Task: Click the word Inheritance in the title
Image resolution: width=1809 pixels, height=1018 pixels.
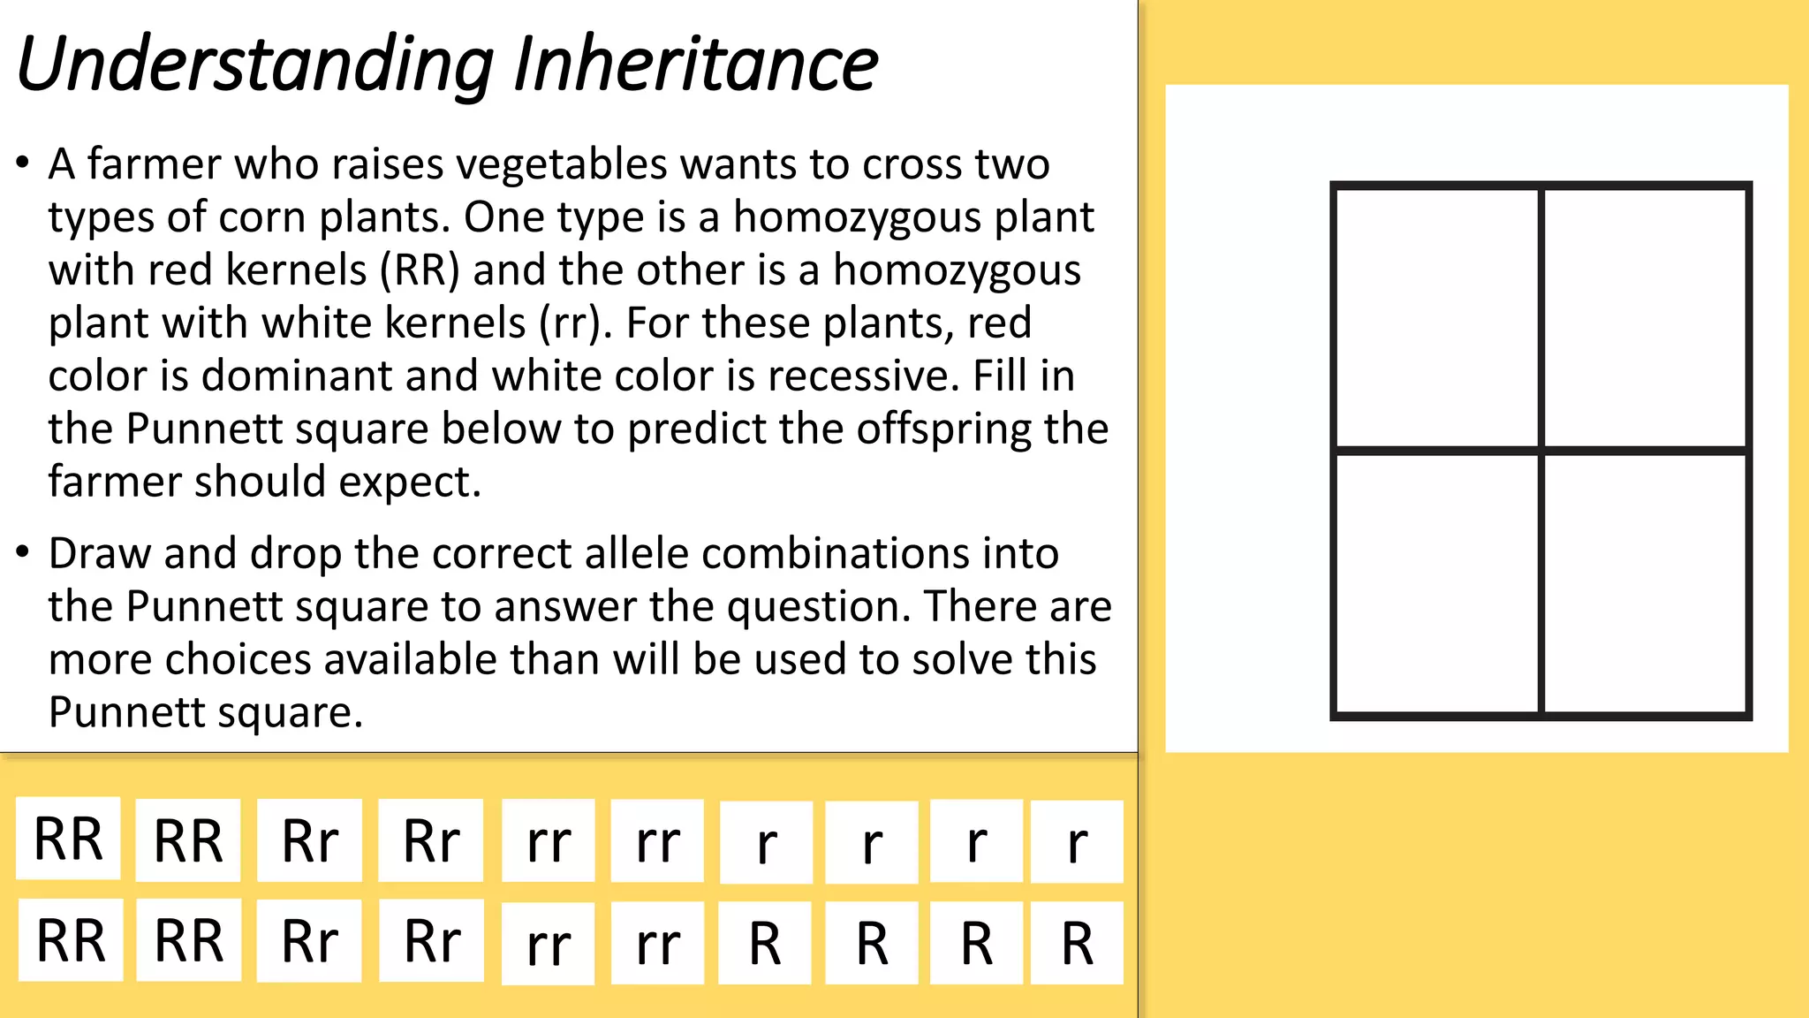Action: [x=695, y=65]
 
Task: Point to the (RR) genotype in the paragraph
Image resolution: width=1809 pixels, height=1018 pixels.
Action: [x=420, y=270]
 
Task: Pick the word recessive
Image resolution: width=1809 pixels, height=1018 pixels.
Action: [x=862, y=376]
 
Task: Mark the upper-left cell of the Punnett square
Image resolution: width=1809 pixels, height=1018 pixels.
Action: [x=1437, y=318]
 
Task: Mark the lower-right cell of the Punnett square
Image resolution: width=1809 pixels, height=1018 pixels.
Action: [x=1645, y=583]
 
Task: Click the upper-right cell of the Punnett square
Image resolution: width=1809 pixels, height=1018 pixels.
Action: [x=1645, y=318]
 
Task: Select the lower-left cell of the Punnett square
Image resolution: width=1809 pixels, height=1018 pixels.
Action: [x=1437, y=583]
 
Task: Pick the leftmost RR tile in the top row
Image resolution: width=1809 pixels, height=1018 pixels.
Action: [x=68, y=839]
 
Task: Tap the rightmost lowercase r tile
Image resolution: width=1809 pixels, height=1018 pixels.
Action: [x=1077, y=842]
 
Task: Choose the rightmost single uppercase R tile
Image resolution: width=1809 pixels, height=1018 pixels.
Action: [x=1077, y=943]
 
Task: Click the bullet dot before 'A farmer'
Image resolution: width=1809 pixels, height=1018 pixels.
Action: [x=23, y=163]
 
